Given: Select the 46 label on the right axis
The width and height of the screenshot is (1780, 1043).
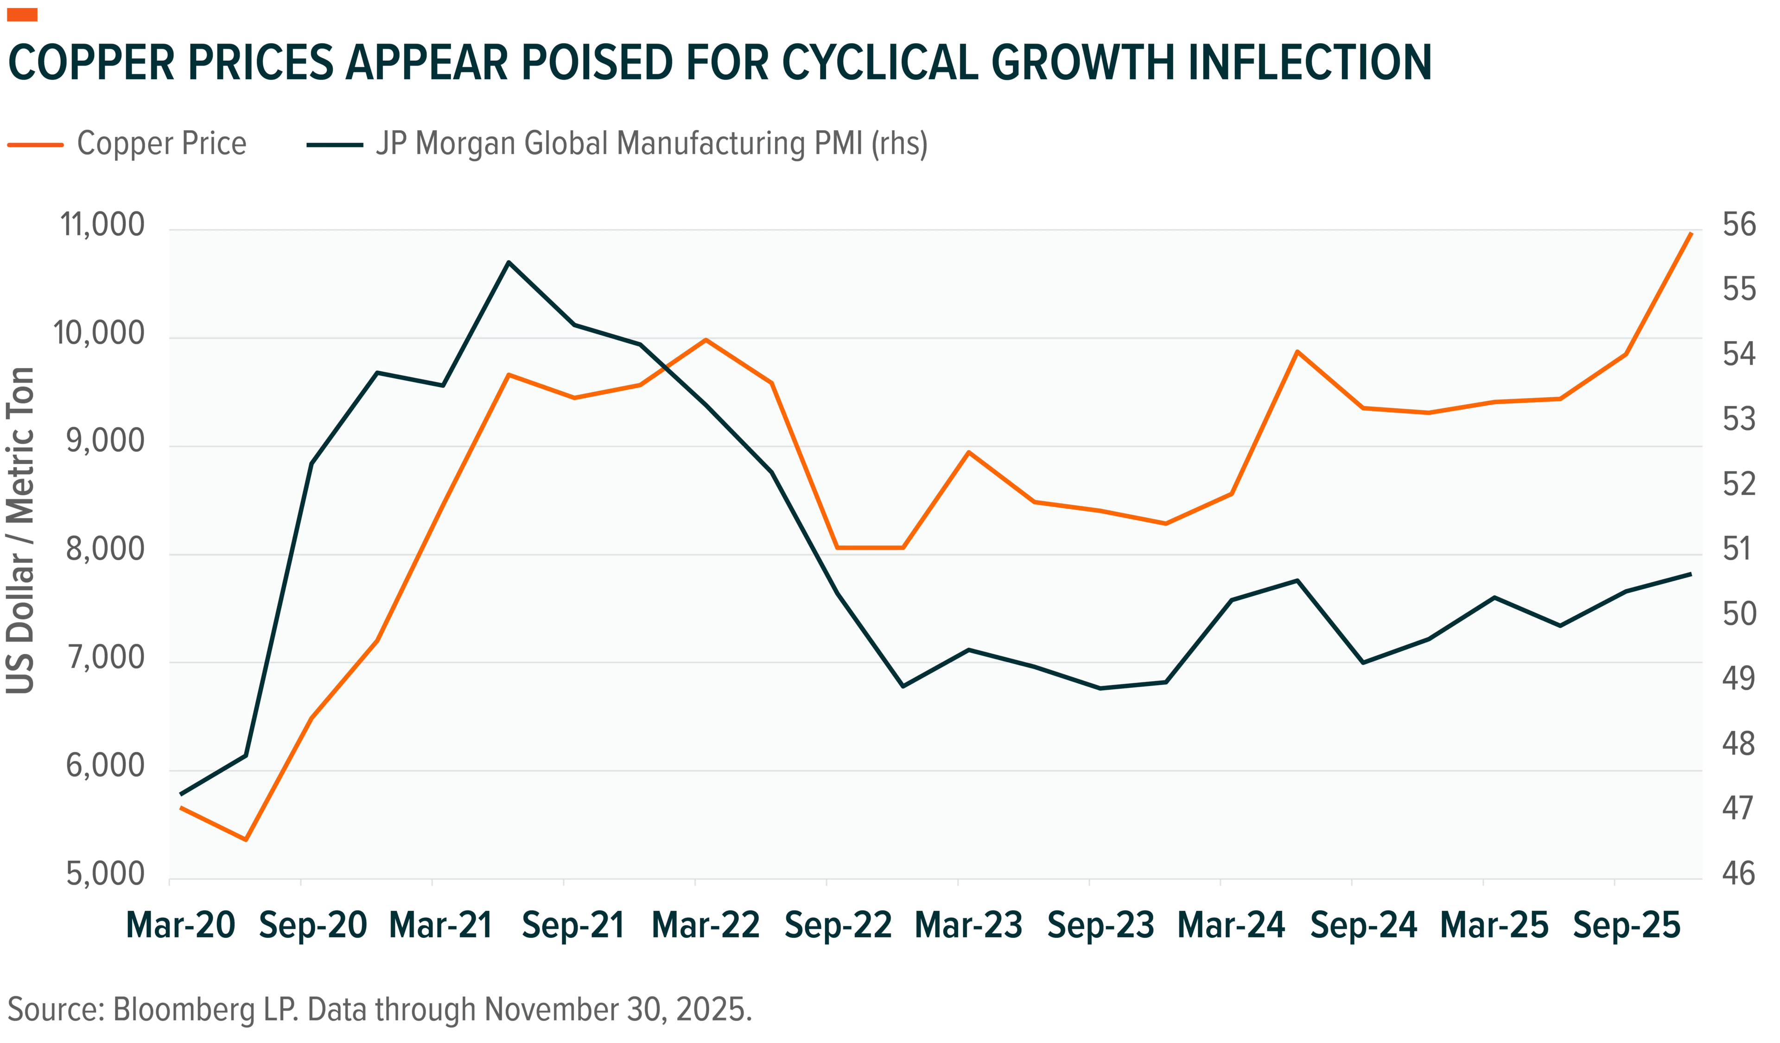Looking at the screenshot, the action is tap(1739, 874).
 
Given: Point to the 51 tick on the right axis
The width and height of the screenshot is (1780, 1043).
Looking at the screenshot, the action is tap(1739, 549).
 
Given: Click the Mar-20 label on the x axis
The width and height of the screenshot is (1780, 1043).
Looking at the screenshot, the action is tap(180, 926).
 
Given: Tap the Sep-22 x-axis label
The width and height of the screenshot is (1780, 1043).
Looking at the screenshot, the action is tap(839, 926).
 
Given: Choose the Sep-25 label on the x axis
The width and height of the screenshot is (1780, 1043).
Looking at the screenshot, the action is tap(1627, 926).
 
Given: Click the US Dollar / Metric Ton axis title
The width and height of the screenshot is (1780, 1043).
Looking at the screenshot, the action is tap(20, 530).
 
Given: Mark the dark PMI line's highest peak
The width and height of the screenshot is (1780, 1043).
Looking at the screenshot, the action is tap(509, 262).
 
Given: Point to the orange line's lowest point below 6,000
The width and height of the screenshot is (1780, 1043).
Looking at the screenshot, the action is tap(246, 839).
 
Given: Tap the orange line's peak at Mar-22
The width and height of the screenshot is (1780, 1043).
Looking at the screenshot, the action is tap(705, 340).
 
